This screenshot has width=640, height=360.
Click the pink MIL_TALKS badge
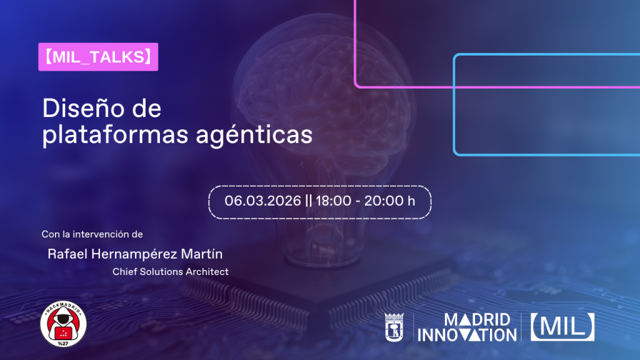coord(98,57)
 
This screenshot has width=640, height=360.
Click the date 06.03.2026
coord(263,201)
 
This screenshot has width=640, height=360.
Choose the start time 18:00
coord(333,201)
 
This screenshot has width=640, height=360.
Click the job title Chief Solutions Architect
coord(170,272)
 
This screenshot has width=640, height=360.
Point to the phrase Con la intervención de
coord(92,234)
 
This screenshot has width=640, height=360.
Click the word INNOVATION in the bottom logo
coord(467,336)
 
